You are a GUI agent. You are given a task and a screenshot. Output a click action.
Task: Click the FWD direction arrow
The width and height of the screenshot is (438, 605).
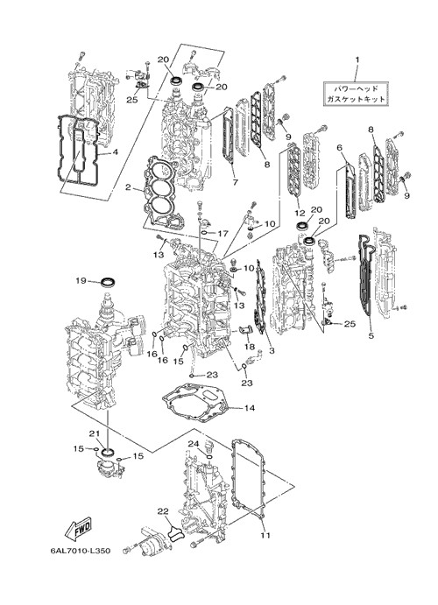[x=78, y=528]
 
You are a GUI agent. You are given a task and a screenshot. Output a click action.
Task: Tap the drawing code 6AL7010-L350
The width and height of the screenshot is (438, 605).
[x=81, y=551]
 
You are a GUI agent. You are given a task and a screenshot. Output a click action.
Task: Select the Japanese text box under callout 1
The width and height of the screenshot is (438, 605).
[x=356, y=94]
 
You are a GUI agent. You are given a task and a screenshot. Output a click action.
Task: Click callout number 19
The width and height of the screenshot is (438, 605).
[x=81, y=281]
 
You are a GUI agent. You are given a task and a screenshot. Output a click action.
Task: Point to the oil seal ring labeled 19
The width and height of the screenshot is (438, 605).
[x=108, y=282]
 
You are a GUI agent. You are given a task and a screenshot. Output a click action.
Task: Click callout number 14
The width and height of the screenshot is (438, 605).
[x=250, y=407]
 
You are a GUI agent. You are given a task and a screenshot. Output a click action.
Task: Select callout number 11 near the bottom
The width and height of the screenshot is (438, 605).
[x=265, y=535]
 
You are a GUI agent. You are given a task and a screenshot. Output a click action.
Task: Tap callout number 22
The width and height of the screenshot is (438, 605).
[x=163, y=510]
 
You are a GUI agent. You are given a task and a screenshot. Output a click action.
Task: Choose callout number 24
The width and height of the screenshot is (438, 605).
[x=194, y=444]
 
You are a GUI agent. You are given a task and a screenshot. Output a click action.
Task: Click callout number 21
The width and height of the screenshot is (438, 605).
[x=95, y=433]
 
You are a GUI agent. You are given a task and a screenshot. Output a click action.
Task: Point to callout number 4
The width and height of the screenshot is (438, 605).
[x=115, y=152]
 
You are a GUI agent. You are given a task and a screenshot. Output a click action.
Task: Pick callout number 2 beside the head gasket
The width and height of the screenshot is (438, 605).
[x=128, y=187]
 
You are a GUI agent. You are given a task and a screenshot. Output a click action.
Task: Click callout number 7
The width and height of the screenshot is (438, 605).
[x=236, y=181]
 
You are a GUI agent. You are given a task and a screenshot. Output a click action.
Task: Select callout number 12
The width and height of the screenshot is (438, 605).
[x=300, y=213]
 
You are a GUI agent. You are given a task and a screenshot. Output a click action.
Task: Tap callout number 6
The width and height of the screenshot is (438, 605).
[x=340, y=147]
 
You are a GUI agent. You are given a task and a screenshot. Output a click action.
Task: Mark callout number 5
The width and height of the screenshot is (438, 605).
[x=371, y=335]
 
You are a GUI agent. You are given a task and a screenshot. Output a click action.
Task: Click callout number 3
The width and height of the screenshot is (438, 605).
[x=272, y=350]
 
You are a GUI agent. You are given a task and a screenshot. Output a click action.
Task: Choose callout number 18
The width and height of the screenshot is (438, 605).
[x=250, y=347]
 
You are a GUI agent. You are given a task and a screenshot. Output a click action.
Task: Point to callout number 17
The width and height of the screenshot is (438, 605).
[x=223, y=234]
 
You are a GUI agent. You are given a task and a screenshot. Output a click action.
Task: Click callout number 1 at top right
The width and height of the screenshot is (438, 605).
[x=357, y=60]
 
